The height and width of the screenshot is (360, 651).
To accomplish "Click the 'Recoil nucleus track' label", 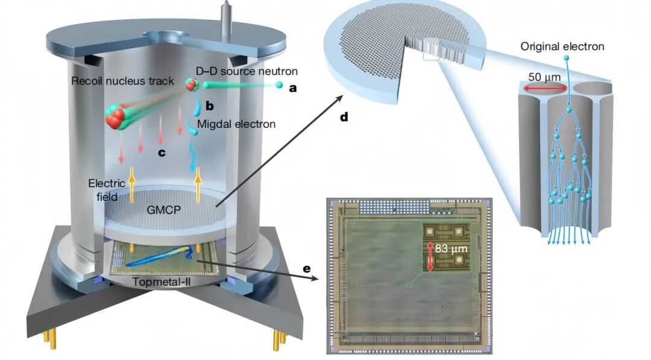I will point(122,80).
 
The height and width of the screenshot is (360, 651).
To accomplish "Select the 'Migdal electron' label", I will point(236,124).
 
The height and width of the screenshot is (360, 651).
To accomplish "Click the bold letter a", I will point(294,87).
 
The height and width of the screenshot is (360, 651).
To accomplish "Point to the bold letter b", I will point(210,106).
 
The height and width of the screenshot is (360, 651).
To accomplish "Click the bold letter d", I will point(344,118).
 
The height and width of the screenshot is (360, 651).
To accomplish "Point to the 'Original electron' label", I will point(562,46).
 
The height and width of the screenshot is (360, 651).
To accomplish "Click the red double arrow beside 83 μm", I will point(430,256).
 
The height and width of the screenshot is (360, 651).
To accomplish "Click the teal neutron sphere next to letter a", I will point(279,85).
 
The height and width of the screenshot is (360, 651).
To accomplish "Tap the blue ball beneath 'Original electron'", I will point(566,58).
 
